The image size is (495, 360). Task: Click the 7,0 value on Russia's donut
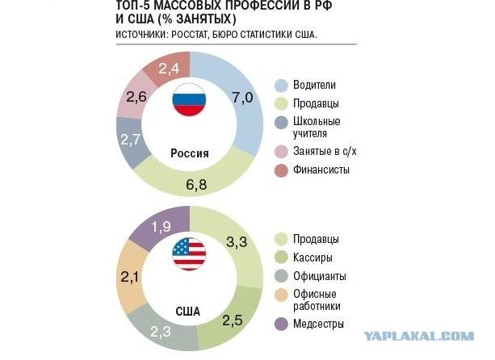(x=243, y=98)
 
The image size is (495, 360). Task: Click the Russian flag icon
(x=189, y=99)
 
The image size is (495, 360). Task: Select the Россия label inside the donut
(x=190, y=153)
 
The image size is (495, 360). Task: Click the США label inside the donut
(x=189, y=309)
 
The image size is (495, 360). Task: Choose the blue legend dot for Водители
(x=282, y=85)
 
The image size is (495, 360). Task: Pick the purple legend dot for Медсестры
(x=282, y=324)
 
